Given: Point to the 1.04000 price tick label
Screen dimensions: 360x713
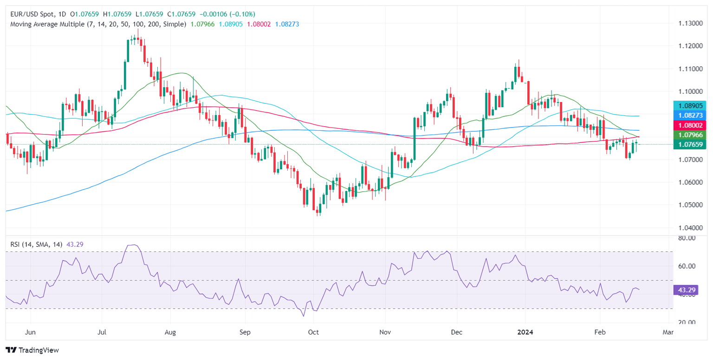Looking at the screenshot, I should click(685, 227).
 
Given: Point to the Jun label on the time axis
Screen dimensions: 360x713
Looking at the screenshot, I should click(30, 332).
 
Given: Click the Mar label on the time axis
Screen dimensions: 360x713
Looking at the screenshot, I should click(668, 332).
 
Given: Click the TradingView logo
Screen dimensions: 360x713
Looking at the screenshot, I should click(32, 350).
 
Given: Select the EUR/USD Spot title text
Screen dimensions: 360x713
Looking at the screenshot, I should click(31, 14).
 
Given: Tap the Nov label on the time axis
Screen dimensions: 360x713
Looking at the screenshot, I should click(385, 332).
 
